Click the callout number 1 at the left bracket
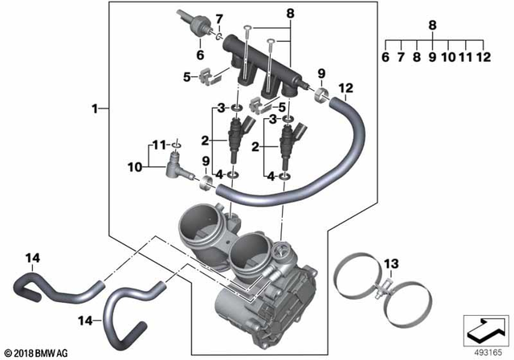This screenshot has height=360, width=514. (x=96, y=108)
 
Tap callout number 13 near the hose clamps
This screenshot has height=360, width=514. (x=390, y=264)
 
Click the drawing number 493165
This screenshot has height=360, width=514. (x=484, y=350)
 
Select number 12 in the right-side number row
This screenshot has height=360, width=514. (x=483, y=57)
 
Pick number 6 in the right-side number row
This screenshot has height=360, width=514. (x=385, y=57)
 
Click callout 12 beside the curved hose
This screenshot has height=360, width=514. (x=345, y=88)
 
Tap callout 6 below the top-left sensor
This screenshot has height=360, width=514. (x=201, y=55)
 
